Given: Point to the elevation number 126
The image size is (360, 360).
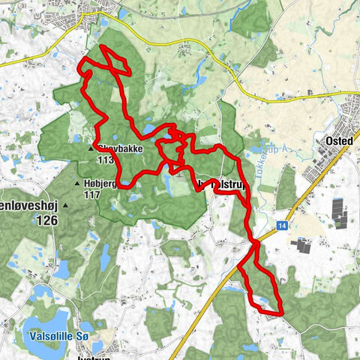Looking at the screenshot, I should [x=46, y=220].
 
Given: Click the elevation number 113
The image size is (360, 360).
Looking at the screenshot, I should [x=105, y=159].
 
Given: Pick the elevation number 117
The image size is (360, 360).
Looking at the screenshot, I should [x=93, y=195].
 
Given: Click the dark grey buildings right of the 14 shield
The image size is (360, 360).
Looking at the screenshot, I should [x=303, y=244].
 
